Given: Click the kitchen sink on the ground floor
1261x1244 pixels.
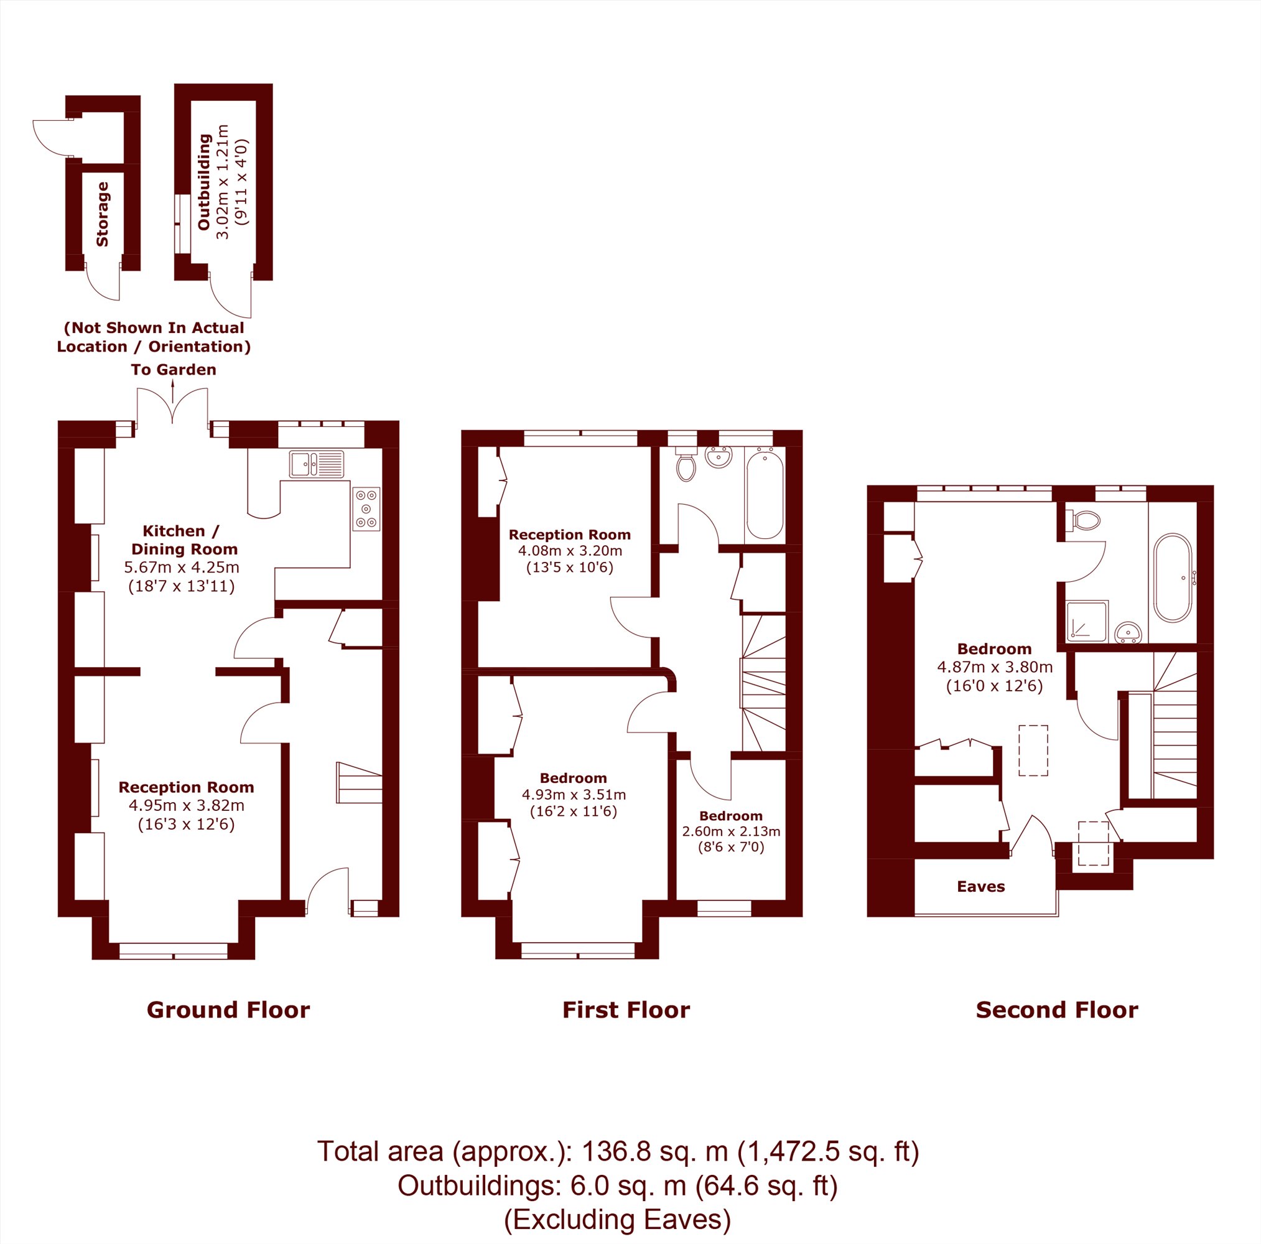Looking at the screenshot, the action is [317, 464].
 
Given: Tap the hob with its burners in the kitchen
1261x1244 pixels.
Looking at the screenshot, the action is [366, 508].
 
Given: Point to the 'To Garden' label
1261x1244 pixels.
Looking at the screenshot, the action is [174, 370].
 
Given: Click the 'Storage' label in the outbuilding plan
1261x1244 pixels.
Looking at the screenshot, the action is [103, 214].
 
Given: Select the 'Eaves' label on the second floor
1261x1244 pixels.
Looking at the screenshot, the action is [981, 886].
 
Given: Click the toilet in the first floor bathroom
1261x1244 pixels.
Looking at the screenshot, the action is [686, 464].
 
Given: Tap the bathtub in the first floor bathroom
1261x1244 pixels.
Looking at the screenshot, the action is [765, 495].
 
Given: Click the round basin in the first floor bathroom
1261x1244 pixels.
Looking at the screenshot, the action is [719, 457].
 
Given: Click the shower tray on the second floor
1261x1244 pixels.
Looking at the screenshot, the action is [1087, 620].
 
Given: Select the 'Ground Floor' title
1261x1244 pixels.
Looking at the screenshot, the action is [228, 1010].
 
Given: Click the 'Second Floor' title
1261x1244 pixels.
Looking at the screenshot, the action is [1058, 1010].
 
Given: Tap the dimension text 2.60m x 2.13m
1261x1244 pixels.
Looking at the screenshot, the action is [731, 831].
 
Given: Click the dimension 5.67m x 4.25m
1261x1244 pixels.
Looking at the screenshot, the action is [182, 568].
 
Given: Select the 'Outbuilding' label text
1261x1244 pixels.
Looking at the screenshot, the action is [204, 182].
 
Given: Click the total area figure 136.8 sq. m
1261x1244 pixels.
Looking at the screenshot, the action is [654, 1151].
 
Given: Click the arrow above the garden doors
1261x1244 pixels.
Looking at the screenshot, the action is [173, 392].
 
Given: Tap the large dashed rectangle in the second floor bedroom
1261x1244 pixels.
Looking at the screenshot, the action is [1033, 751].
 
